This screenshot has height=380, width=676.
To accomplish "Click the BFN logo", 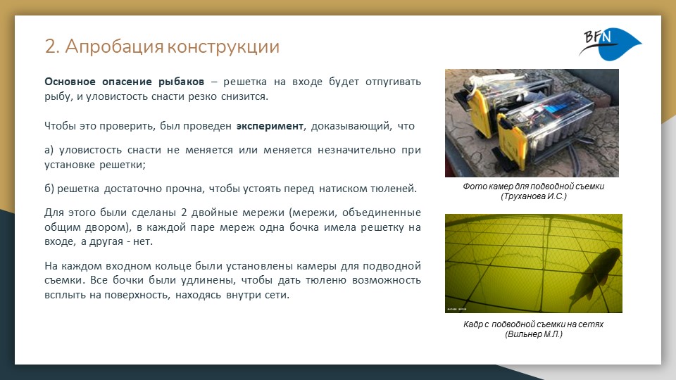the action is click(x=610, y=44).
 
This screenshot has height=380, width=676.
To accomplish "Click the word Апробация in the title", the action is click(x=115, y=46).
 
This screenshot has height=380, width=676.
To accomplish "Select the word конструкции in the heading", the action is click(x=223, y=47).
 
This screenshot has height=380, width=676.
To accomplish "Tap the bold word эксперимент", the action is click(x=270, y=126).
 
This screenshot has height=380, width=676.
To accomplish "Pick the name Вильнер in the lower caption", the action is click(x=521, y=334).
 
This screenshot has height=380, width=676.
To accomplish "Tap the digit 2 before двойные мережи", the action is click(x=184, y=213).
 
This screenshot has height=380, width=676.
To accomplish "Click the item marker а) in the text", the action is click(x=49, y=150).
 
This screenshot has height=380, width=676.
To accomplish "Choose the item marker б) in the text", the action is click(x=49, y=189).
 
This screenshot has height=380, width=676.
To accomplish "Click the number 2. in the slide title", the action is click(x=52, y=46).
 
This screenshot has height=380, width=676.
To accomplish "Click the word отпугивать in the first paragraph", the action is click(x=393, y=82).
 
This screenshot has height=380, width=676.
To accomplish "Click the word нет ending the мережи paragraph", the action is click(x=143, y=241).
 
